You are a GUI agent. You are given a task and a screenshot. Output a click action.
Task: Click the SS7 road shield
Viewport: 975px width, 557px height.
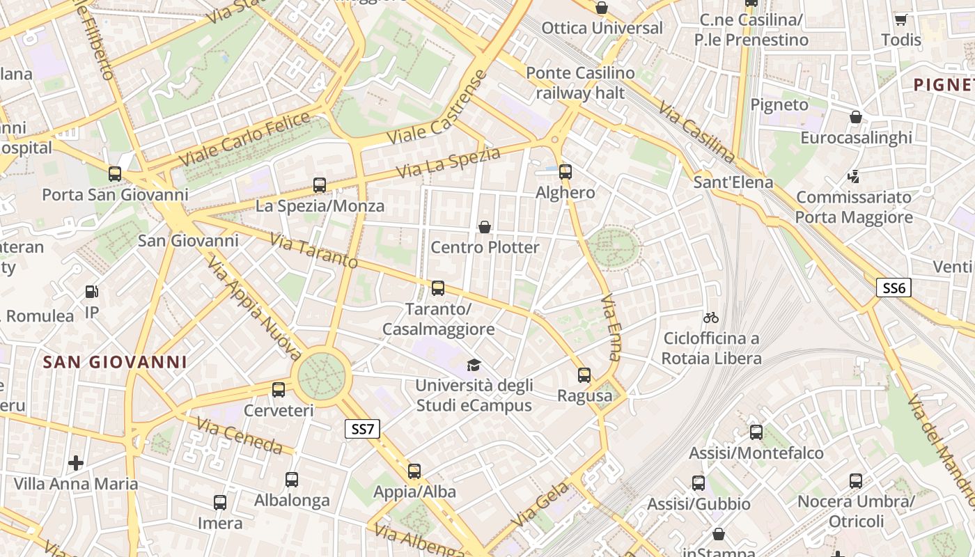pos(363,429)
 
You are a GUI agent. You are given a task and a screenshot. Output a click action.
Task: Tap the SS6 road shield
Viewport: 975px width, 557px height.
pos(894,288)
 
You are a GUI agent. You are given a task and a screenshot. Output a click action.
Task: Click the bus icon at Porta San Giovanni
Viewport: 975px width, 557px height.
pos(115,173)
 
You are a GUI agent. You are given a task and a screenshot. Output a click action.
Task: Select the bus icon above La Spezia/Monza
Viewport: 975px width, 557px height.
pos(320,185)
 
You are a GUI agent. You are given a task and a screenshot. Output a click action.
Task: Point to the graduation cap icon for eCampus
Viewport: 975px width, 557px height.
pos(474,365)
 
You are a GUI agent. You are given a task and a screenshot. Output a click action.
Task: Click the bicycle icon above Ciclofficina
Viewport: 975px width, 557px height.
pos(711,317)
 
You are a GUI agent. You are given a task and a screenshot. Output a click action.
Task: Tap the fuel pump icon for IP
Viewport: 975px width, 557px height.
pos(91,292)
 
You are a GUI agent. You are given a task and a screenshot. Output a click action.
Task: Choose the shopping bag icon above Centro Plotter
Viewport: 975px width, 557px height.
pos(485,227)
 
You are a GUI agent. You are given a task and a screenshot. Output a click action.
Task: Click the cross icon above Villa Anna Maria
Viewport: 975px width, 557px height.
pos(76,462)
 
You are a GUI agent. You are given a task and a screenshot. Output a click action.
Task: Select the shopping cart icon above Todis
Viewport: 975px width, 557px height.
pos(900,19)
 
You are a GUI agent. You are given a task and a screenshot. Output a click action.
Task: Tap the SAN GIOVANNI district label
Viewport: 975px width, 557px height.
pos(115,362)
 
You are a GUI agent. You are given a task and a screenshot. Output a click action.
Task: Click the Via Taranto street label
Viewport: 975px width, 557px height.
pos(313,251)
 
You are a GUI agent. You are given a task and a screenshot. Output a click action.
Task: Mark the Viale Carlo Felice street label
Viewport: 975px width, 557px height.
pos(244,139)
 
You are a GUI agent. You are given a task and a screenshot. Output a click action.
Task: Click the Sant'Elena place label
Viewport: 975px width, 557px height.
pos(733,182)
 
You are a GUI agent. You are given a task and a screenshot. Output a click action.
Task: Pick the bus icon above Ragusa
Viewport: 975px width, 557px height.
pos(584,375)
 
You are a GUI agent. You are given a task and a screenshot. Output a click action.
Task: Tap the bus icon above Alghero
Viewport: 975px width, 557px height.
pos(565,171)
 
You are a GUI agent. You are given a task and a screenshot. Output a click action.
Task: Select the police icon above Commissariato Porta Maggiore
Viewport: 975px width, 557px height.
pos(854,177)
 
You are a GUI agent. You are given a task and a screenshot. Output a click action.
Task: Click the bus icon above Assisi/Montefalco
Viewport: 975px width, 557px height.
pos(756,432)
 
